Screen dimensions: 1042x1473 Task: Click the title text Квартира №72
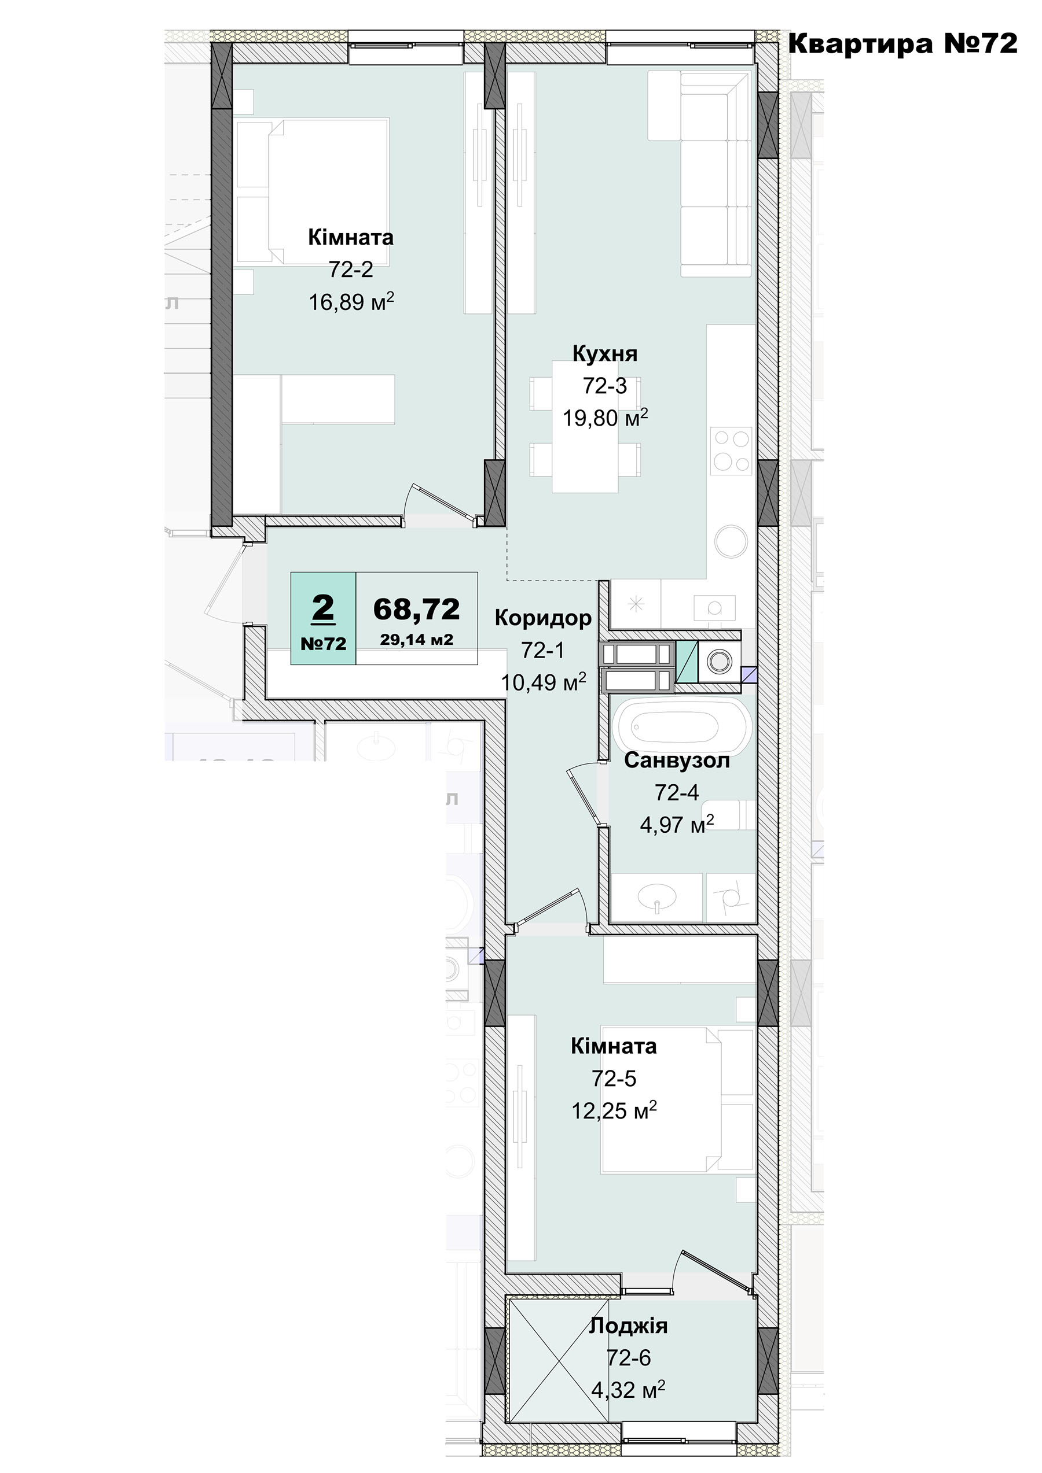click(902, 43)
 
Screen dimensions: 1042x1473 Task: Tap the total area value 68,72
click(417, 609)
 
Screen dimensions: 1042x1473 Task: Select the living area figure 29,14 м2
click(417, 640)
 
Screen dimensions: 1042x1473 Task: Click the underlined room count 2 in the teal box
click(323, 607)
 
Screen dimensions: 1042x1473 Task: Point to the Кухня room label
click(605, 353)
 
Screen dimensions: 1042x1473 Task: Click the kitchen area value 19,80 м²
click(606, 418)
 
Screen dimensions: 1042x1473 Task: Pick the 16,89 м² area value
click(351, 301)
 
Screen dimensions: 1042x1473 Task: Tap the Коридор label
click(543, 618)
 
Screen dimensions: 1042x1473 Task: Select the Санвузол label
click(677, 761)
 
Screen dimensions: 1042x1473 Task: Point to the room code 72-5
click(614, 1079)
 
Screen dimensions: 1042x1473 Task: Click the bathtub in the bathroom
click(681, 727)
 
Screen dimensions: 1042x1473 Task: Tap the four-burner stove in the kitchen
click(731, 451)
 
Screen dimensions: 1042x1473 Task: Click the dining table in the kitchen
click(585, 427)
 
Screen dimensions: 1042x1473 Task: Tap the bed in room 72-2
click(313, 190)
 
